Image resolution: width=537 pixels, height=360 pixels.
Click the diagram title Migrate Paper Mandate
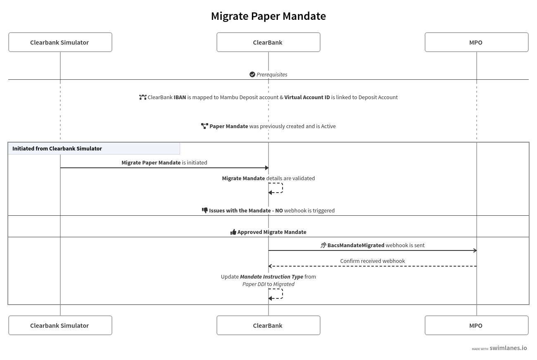click(268, 16)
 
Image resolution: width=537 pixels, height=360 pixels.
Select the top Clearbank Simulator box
click(60, 42)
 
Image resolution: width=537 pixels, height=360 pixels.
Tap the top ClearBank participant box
click(268, 42)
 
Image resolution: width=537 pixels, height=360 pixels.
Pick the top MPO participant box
click(476, 42)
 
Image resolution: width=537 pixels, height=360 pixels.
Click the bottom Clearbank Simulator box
click(60, 325)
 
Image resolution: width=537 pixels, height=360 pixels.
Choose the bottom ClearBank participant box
click(268, 325)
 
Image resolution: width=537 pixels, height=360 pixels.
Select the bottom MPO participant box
click(476, 325)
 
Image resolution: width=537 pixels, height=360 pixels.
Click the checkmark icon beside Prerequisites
click(252, 74)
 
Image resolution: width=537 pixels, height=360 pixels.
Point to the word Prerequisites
click(272, 74)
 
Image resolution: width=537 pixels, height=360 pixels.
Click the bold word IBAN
click(180, 97)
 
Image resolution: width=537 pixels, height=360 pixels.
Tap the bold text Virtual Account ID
click(307, 97)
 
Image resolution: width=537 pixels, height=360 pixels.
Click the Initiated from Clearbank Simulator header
click(57, 148)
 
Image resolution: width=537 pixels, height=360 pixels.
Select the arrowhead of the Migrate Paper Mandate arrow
click(267, 168)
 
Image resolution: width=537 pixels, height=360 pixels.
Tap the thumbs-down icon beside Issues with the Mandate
click(205, 210)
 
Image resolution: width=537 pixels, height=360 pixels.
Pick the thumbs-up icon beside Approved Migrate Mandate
click(233, 232)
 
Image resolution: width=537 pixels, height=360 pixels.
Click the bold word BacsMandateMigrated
click(356, 245)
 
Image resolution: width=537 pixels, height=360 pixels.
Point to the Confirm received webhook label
click(372, 261)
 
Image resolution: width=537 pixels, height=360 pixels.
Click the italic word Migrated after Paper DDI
click(284, 284)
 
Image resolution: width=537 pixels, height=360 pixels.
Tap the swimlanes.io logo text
click(508, 348)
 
